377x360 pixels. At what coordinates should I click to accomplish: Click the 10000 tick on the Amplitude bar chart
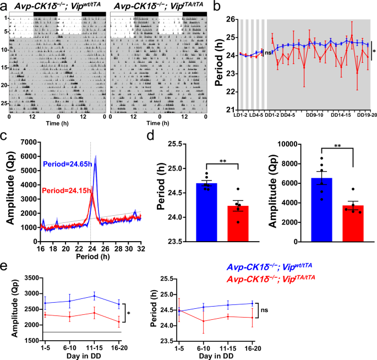click(x=295, y=144)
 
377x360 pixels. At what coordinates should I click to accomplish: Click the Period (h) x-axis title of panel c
click(x=96, y=255)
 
